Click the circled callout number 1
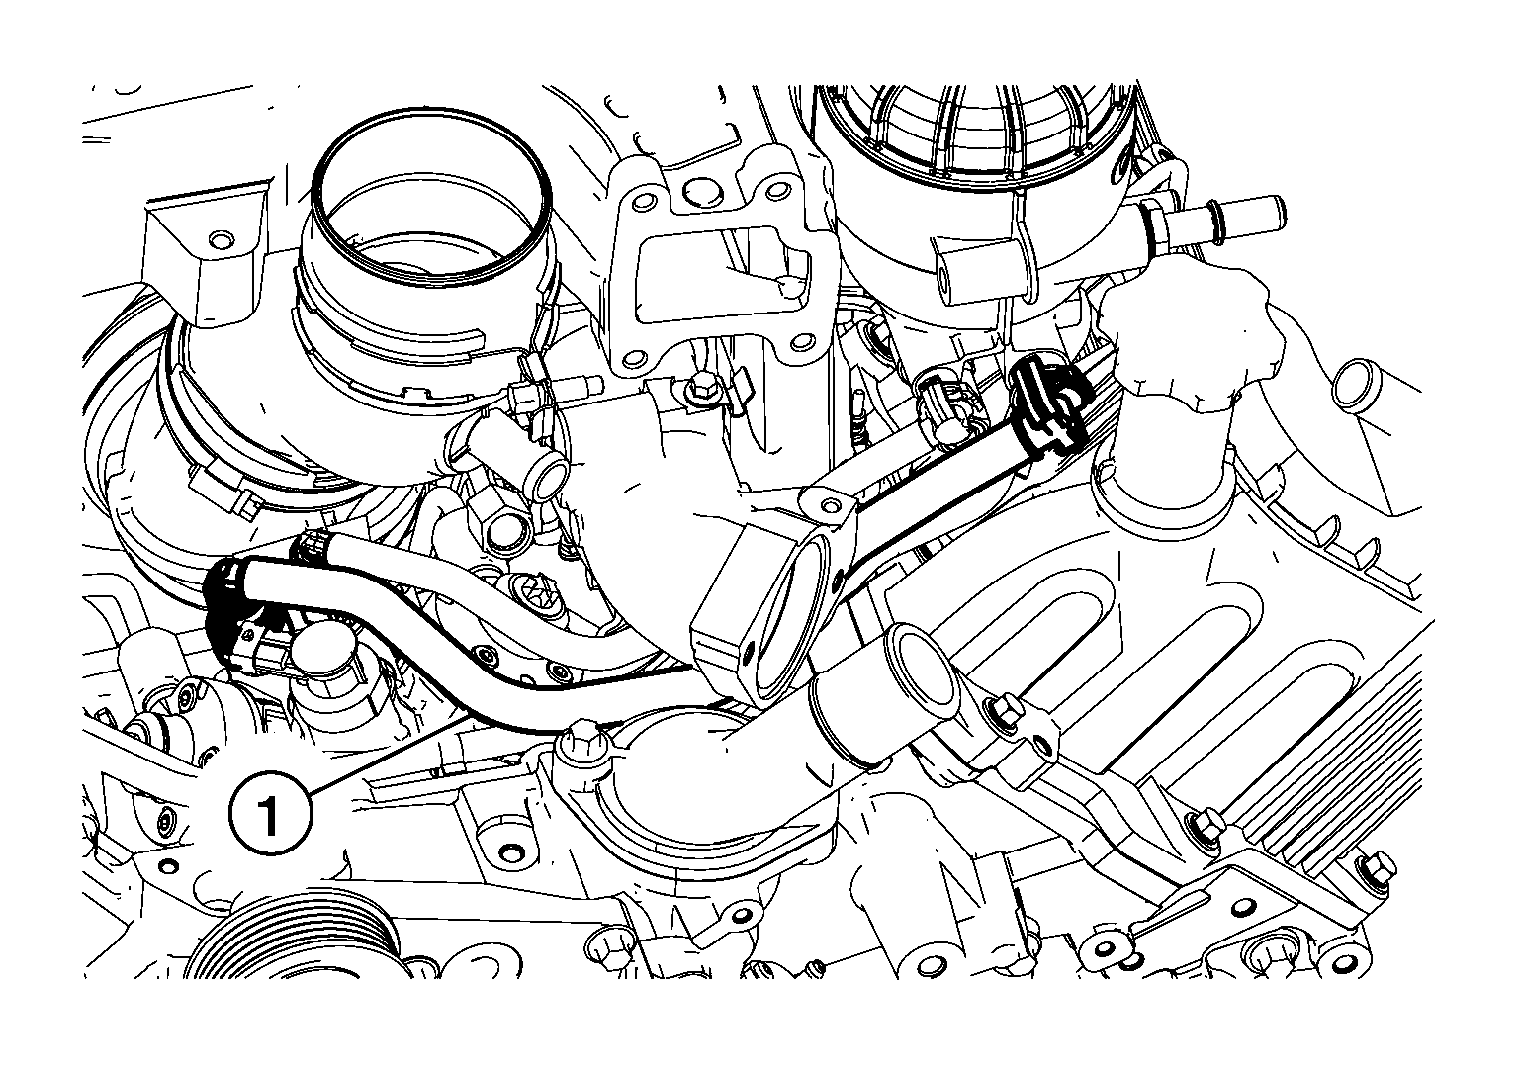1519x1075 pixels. [x=271, y=813]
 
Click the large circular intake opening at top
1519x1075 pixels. [x=433, y=196]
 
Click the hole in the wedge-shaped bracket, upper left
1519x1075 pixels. [x=220, y=240]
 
